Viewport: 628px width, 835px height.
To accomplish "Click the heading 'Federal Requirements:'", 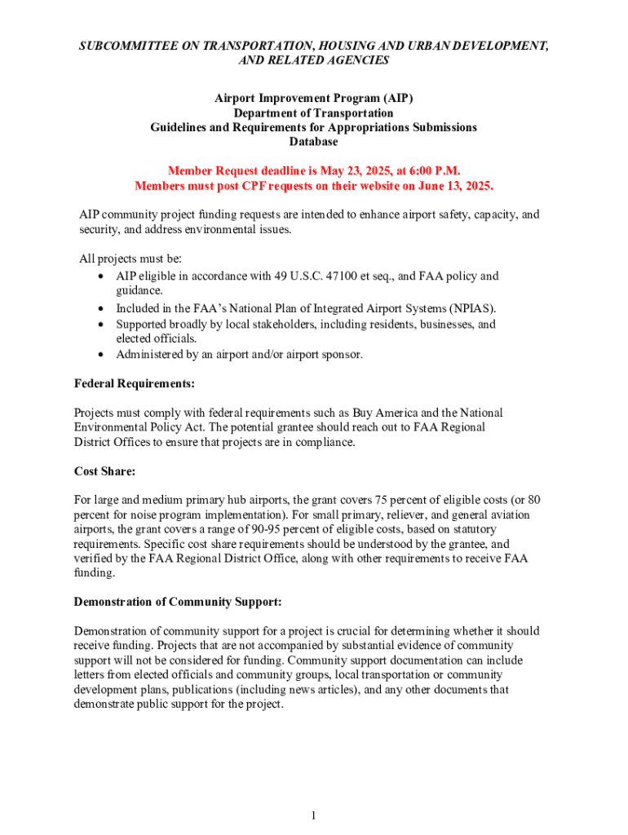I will [134, 382].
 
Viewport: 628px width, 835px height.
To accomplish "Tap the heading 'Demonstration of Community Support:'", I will [178, 602].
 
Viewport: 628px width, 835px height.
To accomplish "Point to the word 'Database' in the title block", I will [313, 142].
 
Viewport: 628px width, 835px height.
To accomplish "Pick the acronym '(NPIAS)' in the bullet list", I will [471, 308].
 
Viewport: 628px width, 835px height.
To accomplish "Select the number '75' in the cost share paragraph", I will [383, 500].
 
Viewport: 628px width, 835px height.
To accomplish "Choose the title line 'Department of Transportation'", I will [313, 113].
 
